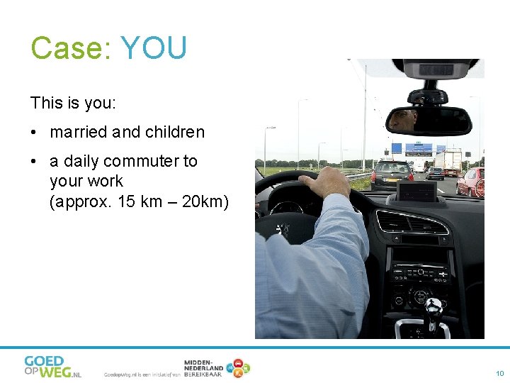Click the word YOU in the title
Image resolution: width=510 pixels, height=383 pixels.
pyautogui.click(x=154, y=48)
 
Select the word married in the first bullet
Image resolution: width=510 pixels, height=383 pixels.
pyautogui.click(x=78, y=132)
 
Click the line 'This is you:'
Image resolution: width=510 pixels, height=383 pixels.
pyautogui.click(x=73, y=103)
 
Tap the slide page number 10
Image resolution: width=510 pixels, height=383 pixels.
pyautogui.click(x=499, y=373)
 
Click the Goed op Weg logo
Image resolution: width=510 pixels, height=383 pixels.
pyautogui.click(x=52, y=366)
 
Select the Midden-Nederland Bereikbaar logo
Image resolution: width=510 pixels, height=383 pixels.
pyautogui.click(x=216, y=367)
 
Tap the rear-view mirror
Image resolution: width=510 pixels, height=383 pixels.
pyautogui.click(x=429, y=121)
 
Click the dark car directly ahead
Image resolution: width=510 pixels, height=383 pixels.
pyautogui.click(x=392, y=174)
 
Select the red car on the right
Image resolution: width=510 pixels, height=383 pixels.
pyautogui.click(x=471, y=182)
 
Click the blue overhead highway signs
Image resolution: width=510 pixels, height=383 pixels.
pyautogui.click(x=419, y=149)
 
